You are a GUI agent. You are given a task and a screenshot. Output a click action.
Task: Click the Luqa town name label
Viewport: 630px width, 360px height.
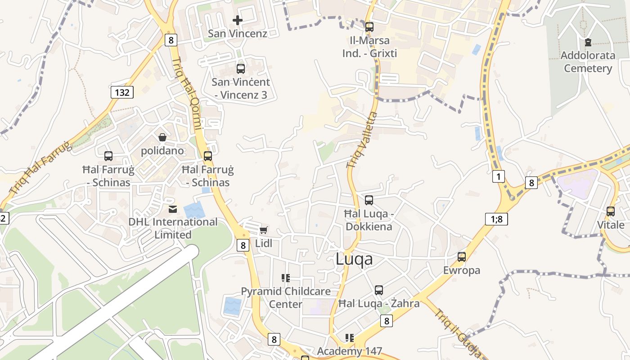354,259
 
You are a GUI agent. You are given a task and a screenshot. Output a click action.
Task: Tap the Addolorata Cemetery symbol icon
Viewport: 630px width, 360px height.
588,43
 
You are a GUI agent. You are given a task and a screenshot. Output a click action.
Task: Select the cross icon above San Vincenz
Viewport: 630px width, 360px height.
237,20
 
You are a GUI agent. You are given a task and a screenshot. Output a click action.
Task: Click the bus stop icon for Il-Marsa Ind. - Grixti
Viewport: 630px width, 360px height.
369,27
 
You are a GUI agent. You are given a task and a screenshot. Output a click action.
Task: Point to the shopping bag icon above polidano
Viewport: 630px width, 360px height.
162,137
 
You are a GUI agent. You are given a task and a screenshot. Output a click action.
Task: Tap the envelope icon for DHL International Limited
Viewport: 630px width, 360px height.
173,209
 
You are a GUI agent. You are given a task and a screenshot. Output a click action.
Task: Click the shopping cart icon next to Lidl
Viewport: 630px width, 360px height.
263,230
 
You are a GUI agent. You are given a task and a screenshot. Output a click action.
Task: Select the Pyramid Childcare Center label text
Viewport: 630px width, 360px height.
286,297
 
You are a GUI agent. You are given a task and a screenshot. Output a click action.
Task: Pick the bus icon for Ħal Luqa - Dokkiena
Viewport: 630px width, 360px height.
369,200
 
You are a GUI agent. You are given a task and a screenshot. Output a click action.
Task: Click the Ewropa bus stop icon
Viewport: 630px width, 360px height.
462,257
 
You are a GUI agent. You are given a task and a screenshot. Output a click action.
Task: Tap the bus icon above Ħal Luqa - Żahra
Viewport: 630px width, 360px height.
379,290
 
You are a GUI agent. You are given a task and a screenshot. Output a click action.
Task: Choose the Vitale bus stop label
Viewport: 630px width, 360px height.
611,225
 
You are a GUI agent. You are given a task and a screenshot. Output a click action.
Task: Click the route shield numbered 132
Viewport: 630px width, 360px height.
122,93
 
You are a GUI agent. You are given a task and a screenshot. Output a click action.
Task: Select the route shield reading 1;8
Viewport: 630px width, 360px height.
496,219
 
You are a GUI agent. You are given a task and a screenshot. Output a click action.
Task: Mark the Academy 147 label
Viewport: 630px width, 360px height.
350,351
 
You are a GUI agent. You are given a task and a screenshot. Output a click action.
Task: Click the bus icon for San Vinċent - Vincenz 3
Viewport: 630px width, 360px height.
241,69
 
